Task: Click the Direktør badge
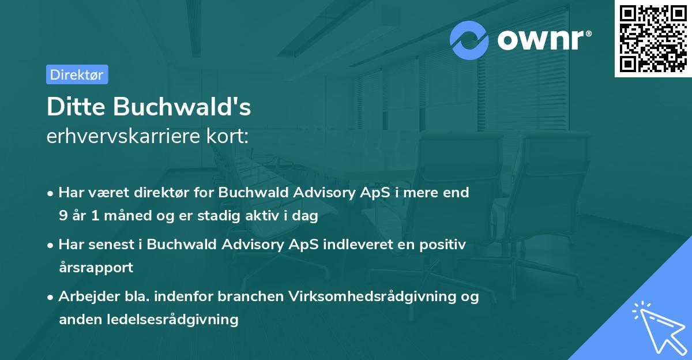point(77,74)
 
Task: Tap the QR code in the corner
point(653,39)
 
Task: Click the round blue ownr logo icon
point(469,40)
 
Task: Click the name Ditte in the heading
point(77,107)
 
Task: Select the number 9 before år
point(63,216)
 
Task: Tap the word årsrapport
point(96,268)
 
